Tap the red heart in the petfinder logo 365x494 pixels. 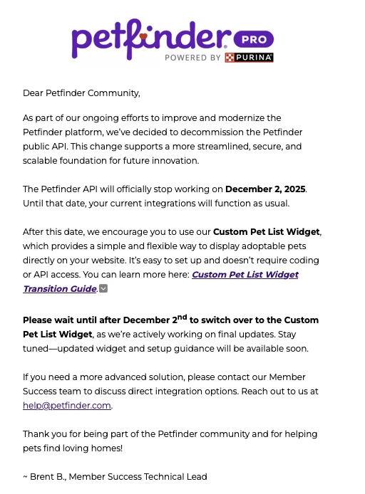[143, 35]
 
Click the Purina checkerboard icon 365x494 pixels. [230, 58]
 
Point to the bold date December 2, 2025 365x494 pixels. [265, 189]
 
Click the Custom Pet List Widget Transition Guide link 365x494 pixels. [160, 281]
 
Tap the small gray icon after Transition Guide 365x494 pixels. [103, 288]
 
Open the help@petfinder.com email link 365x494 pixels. [67, 405]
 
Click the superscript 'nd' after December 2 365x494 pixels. [182, 317]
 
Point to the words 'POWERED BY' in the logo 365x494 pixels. [192, 58]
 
